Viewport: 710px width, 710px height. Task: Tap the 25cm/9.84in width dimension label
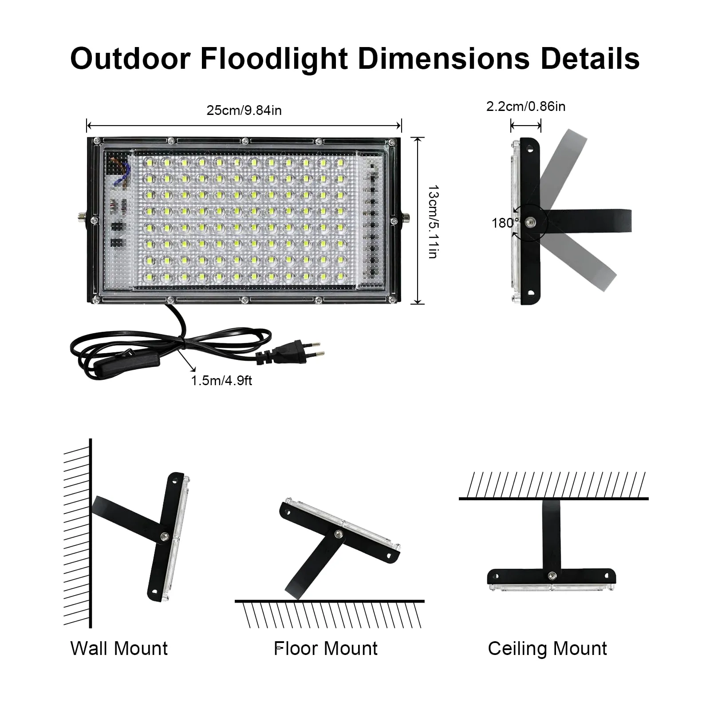(244, 110)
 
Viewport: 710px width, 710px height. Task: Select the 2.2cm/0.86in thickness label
(526, 106)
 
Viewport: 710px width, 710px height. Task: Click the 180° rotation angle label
(505, 223)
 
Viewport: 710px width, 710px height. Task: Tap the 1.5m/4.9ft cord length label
(221, 380)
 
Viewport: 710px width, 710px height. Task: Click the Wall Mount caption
(119, 648)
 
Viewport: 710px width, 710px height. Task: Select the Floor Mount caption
(326, 648)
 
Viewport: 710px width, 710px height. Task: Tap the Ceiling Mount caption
(547, 648)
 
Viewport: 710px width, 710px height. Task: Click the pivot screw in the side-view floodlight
(529, 221)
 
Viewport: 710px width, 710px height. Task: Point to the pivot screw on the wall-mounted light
(165, 536)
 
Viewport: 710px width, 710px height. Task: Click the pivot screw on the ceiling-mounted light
(552, 576)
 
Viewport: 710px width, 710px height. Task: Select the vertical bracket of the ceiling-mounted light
(551, 536)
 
